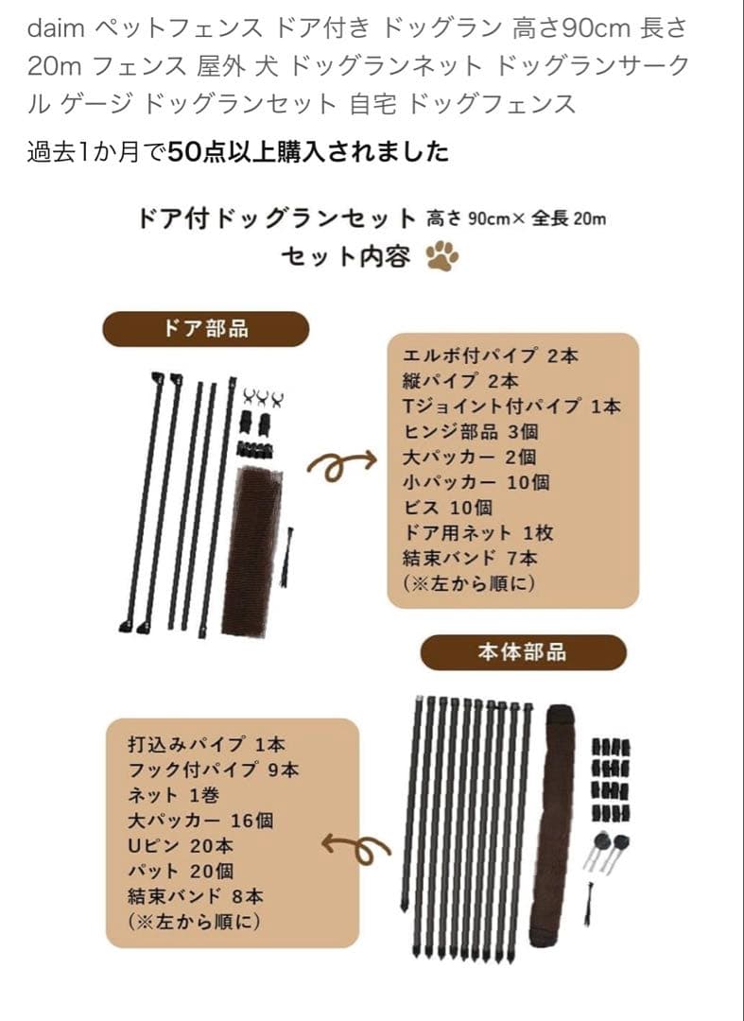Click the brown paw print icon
(x=441, y=255)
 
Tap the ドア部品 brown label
(x=206, y=328)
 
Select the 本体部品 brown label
(x=523, y=652)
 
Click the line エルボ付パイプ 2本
(x=491, y=356)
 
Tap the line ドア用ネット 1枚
(x=478, y=533)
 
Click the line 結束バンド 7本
(x=469, y=558)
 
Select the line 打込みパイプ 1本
(x=206, y=744)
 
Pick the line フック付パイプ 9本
(x=213, y=770)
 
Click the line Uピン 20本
(x=180, y=845)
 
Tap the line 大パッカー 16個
(x=200, y=820)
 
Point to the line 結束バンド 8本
(x=195, y=895)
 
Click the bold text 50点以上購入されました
(x=308, y=151)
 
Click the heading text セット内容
(x=346, y=256)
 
